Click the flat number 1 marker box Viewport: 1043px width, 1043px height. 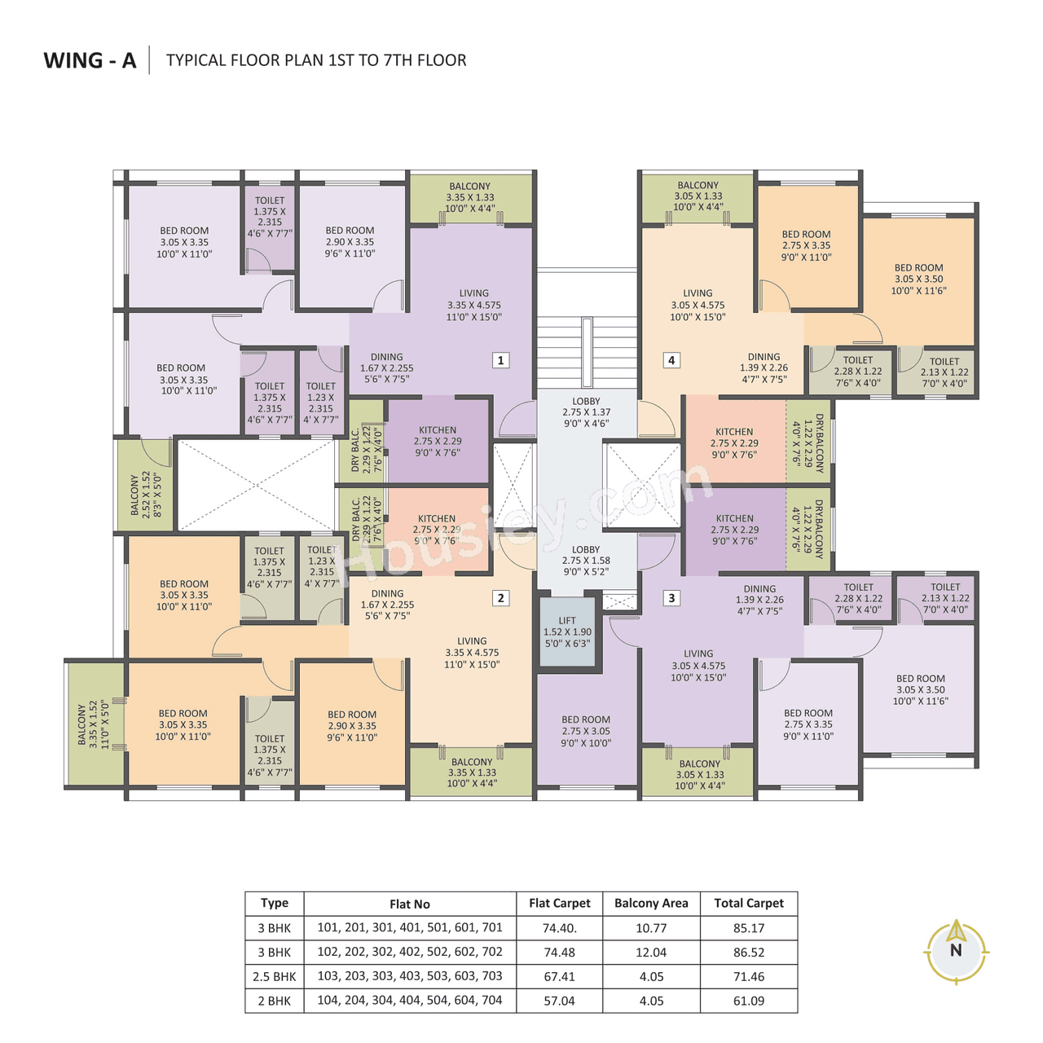[501, 360]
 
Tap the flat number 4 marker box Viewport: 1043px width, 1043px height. [671, 360]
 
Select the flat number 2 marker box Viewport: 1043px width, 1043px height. [501, 598]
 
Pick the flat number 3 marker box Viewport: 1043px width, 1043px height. [671, 598]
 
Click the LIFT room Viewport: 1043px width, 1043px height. [567, 632]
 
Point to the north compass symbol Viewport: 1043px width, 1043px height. [956, 951]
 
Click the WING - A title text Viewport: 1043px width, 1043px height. [90, 60]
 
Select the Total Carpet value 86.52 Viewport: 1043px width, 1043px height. [748, 952]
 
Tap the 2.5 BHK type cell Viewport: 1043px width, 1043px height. [275, 976]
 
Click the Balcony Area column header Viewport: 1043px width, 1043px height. [651, 903]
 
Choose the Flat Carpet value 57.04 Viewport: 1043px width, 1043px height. [559, 1001]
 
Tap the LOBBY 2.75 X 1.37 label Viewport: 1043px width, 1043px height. [586, 412]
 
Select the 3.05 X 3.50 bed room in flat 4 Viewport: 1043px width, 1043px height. [918, 279]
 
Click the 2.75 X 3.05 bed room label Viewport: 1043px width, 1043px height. [586, 731]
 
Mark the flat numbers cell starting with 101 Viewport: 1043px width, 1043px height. [409, 927]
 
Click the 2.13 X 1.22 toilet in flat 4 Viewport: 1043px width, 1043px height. [944, 372]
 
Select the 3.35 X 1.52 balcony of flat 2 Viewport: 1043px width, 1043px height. [94, 724]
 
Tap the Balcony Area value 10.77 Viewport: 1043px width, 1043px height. [651, 927]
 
